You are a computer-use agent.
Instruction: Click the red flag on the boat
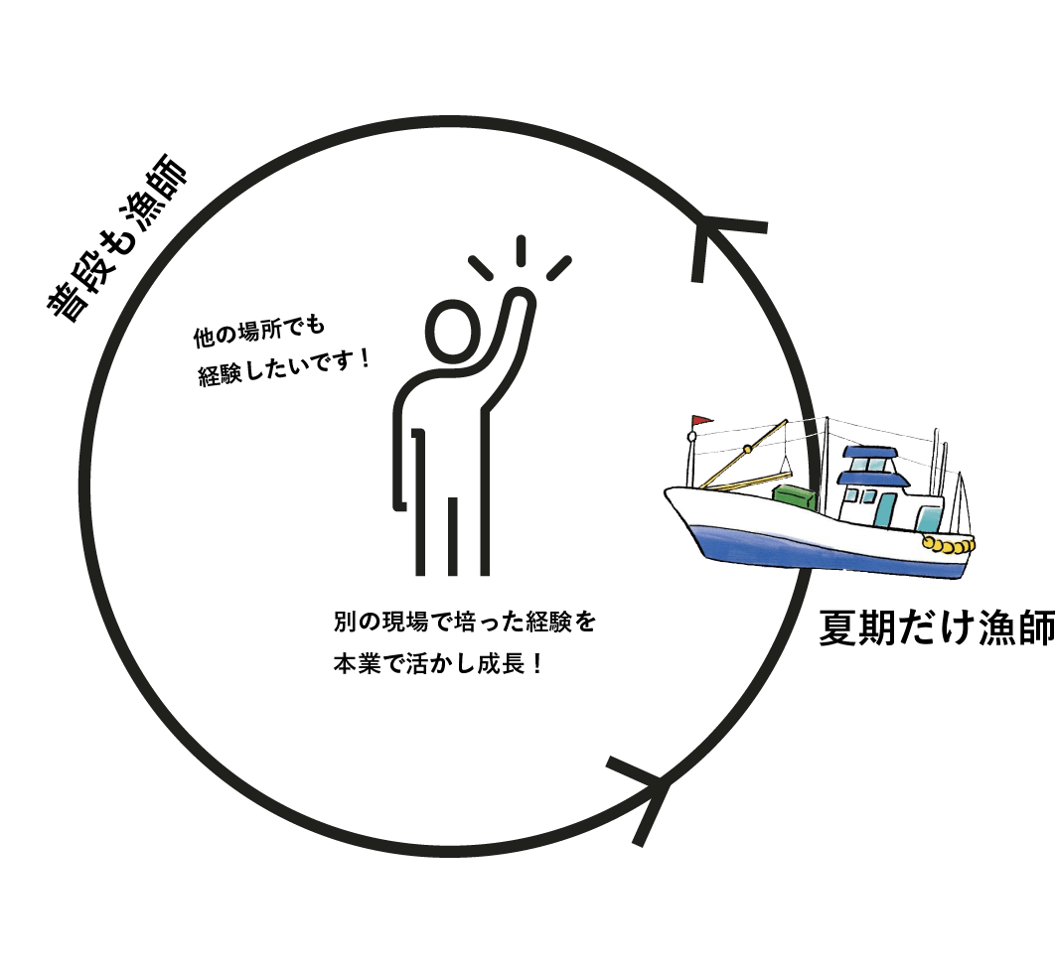coord(699,422)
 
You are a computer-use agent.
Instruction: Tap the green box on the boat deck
coord(795,497)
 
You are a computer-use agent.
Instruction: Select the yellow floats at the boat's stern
coord(949,544)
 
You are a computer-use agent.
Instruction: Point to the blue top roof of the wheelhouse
coord(868,456)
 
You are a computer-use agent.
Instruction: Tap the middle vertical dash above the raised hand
coord(520,249)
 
